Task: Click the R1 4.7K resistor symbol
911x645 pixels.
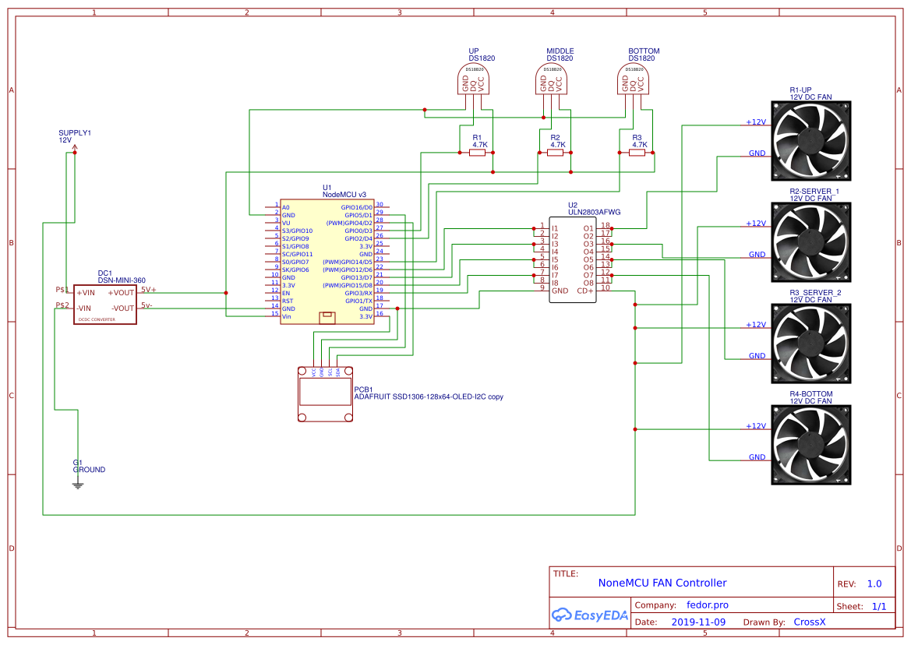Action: [x=478, y=153]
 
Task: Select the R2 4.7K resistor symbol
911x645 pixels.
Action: [x=555, y=153]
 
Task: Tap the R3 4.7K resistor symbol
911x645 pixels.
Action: [x=637, y=153]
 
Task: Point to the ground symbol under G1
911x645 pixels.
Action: [x=77, y=485]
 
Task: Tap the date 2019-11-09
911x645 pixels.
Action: [x=697, y=622]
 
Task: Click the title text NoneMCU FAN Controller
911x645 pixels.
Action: [x=662, y=583]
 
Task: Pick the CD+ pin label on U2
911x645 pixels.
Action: [x=584, y=291]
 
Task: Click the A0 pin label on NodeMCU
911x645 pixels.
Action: [x=286, y=207]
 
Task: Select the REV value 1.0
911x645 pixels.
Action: [x=874, y=583]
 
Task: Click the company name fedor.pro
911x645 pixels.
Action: [x=707, y=604]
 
